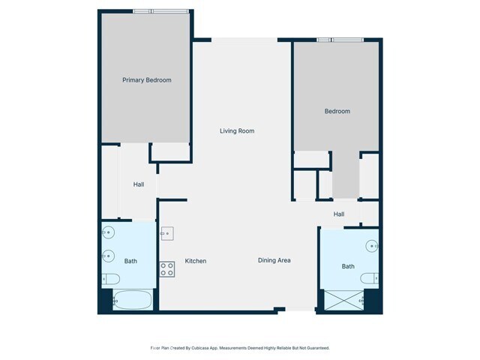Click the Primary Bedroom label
point(147,80)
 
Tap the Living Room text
point(237,131)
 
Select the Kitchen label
point(196,261)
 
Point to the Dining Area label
point(274,260)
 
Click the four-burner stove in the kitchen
point(167,268)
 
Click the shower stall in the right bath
point(343,301)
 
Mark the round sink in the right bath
point(372,244)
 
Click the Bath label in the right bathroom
point(348,266)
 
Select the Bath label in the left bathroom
point(130,261)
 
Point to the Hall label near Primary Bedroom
point(139,184)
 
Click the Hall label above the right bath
point(339,214)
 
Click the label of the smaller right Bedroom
point(337,112)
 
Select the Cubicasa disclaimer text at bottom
point(240,348)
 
